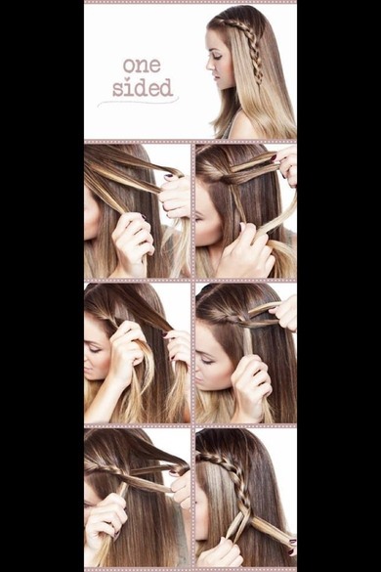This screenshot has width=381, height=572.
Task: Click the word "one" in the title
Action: coord(142,66)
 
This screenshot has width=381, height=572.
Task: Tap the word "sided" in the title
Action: coord(143,88)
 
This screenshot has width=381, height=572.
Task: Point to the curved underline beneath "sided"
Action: coord(138,101)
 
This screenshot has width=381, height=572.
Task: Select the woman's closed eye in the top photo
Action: coord(218,57)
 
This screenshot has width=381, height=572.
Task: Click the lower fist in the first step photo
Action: coord(133,238)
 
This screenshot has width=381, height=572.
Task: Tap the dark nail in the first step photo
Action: coord(168,177)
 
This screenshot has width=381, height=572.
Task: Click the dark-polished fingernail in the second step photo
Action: coord(274,158)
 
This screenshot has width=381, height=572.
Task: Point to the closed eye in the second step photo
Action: coord(200,218)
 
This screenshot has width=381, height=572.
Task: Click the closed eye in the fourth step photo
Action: coord(206,361)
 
